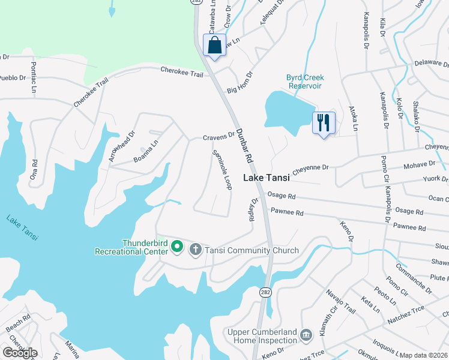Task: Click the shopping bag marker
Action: coord(214,46)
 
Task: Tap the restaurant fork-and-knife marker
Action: coord(324,123)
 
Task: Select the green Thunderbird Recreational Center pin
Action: coord(176,246)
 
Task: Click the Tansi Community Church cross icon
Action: coord(195,250)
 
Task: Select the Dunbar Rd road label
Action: coord(243,146)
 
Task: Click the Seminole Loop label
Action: coord(221,170)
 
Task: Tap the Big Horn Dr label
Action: coord(240,90)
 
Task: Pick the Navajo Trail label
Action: coord(340,301)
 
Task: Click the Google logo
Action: coord(20,353)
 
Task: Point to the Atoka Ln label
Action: coord(354,119)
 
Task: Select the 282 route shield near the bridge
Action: coord(265,292)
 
